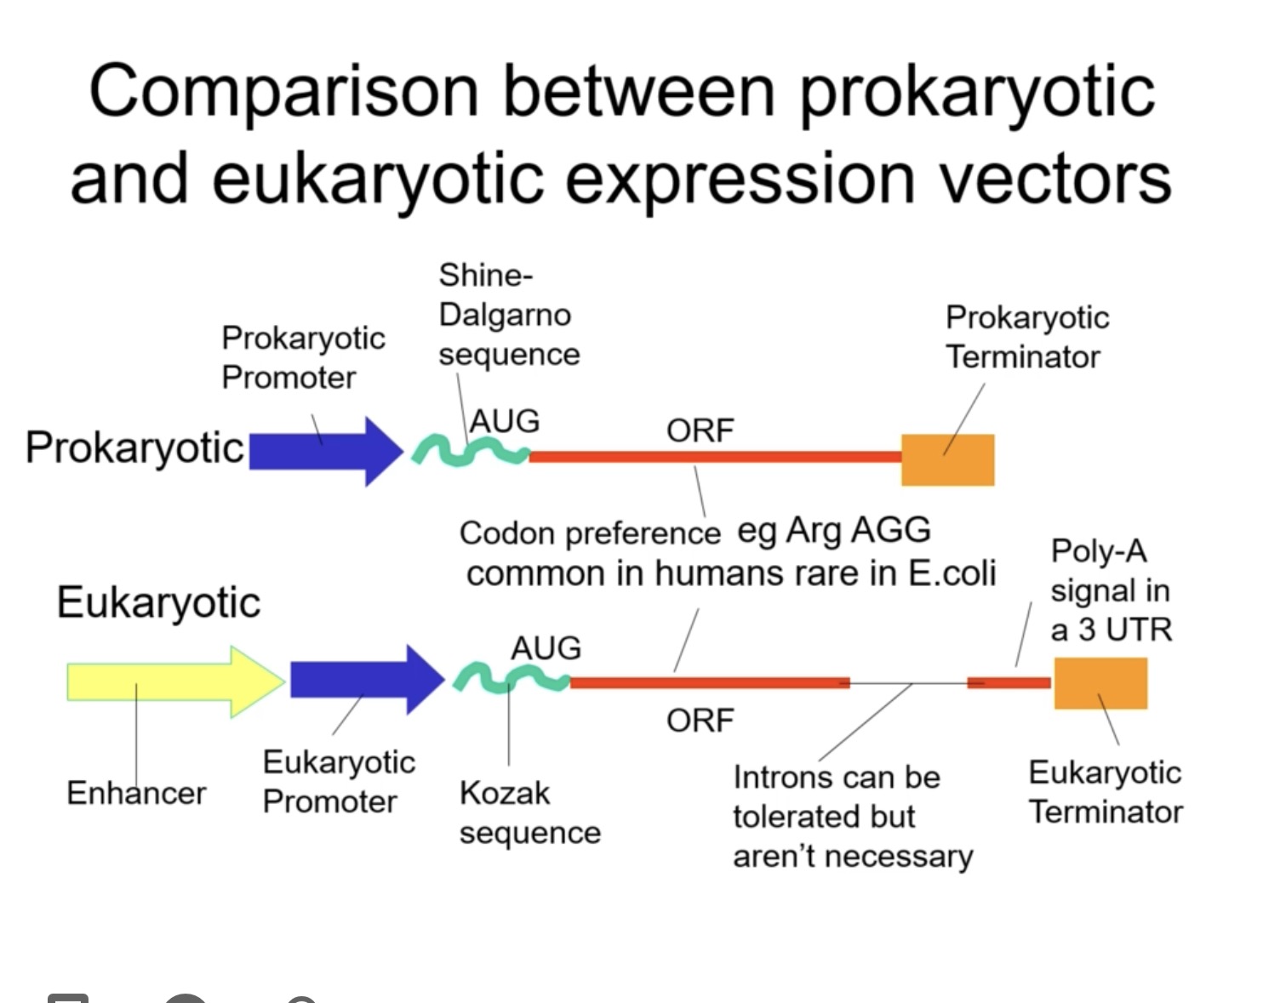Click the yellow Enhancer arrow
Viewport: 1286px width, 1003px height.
170,682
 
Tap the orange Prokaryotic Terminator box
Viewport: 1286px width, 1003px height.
947,460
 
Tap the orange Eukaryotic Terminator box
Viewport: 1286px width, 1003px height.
1100,683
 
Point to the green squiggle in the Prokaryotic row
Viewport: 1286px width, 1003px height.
470,451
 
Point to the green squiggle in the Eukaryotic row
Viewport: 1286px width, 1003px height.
511,679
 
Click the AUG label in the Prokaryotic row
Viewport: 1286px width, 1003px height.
505,421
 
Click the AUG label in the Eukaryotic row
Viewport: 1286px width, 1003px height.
546,648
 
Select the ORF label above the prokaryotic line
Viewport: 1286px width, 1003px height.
700,430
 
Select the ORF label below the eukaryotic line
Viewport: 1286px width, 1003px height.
700,721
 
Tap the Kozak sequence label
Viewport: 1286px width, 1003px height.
529,812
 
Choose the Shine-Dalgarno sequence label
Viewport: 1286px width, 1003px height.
508,315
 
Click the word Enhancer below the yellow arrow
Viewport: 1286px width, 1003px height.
136,793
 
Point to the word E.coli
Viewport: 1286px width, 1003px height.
952,573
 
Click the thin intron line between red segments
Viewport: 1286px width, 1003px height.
908,683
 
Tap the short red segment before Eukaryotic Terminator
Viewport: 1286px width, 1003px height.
1009,683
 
